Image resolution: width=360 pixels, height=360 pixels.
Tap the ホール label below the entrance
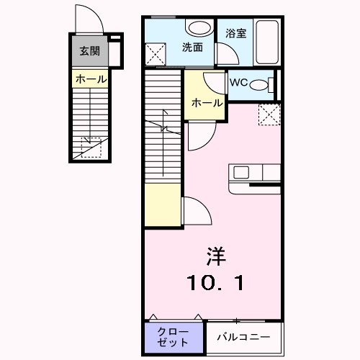coord(89,79)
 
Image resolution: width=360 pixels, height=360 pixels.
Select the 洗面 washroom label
coord(192,48)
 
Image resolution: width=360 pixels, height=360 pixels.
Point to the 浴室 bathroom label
coord(236,32)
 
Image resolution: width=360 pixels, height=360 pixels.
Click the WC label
coord(238,83)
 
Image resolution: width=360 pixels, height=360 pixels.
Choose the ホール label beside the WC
coord(206,103)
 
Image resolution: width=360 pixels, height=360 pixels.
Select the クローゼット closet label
coord(173,336)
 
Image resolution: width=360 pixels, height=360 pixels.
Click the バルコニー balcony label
coord(243,336)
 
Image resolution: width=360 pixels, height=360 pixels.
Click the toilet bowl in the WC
coord(264,84)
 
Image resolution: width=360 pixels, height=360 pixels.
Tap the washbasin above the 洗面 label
coord(196,28)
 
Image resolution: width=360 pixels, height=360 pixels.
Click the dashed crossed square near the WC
coord(269,113)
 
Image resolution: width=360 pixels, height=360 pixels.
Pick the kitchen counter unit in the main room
coord(254,175)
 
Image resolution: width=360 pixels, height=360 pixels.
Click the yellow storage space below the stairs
coord(161,206)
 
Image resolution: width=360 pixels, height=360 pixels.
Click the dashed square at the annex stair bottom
coord(91,147)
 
